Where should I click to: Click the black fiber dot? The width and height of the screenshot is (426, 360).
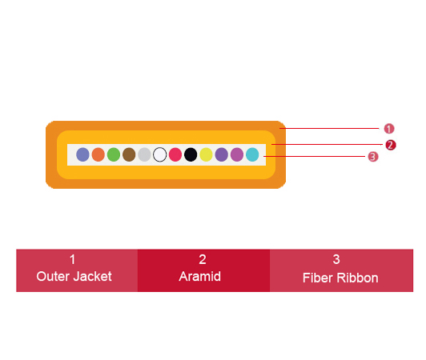tap(191, 154)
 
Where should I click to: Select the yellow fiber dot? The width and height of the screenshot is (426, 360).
tap(207, 154)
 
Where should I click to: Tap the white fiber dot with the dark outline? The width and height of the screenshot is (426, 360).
tap(160, 154)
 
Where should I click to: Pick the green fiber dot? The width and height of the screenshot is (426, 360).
tap(114, 154)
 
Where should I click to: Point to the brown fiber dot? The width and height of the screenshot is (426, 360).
tap(129, 154)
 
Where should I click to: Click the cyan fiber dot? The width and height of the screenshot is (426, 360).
tap(252, 154)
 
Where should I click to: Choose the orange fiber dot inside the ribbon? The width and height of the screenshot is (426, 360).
tap(98, 154)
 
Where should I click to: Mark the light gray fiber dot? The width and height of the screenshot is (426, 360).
tap(144, 154)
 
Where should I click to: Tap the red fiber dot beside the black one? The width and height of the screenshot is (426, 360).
tap(175, 154)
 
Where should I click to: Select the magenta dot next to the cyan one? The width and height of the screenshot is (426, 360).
tap(237, 154)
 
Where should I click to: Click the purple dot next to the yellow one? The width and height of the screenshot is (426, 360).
tap(222, 154)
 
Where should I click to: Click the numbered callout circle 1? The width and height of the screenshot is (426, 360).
tap(389, 129)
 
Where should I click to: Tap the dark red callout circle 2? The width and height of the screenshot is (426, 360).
tap(391, 145)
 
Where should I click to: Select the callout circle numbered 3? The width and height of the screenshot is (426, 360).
tap(373, 157)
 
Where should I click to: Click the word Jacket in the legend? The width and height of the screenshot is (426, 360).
tap(93, 276)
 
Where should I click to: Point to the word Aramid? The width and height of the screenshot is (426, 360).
tap(200, 276)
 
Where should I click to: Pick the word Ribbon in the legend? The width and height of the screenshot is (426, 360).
tap(357, 278)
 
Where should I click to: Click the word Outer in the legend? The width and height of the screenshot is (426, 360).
tap(53, 276)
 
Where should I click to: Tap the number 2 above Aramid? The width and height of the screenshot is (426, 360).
tap(203, 259)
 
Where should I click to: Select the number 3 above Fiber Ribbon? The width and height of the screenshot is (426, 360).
tap(336, 259)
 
